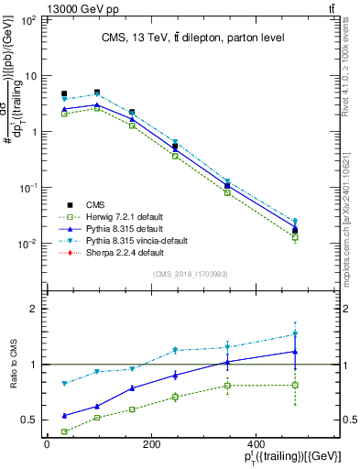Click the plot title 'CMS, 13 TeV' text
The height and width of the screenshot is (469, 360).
tap(197, 37)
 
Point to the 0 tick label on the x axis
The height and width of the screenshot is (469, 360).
tap(47, 444)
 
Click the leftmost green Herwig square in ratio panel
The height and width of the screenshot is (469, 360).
tap(64, 431)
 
